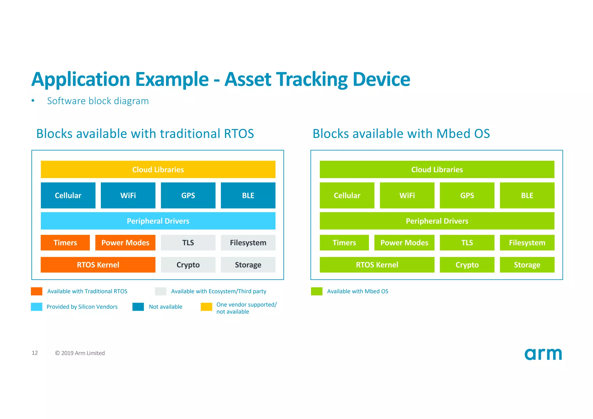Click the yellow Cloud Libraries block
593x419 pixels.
(x=158, y=169)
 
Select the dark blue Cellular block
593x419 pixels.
(x=68, y=195)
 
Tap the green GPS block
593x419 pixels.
(x=467, y=195)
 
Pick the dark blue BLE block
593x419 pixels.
(x=248, y=195)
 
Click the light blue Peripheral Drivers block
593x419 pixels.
(x=158, y=221)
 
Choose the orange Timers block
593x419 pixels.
(x=65, y=243)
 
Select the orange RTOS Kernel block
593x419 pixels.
(x=98, y=265)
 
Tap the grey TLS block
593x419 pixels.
(x=188, y=243)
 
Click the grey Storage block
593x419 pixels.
(x=248, y=265)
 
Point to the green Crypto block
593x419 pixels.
(x=467, y=265)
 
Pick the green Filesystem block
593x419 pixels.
(x=527, y=243)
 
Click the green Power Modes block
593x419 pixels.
(x=404, y=243)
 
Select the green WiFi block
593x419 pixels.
(x=407, y=195)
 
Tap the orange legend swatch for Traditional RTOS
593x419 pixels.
(x=37, y=291)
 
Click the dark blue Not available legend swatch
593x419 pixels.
(x=138, y=307)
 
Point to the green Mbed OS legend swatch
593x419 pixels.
(x=316, y=291)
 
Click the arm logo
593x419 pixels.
(x=543, y=354)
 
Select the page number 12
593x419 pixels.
(x=35, y=353)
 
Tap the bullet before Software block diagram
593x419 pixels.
(x=33, y=101)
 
